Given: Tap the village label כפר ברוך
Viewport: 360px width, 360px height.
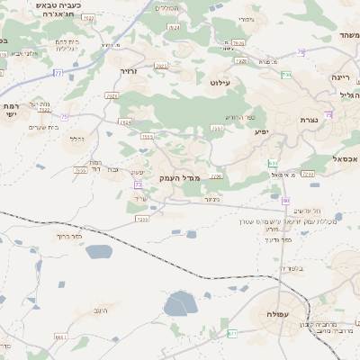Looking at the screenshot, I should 69,236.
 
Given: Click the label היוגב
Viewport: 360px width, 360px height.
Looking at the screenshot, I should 100,310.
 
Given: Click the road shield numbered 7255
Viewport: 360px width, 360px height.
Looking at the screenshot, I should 141,219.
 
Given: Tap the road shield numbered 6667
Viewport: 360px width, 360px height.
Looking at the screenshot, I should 60,337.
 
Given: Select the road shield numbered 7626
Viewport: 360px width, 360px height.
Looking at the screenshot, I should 238,42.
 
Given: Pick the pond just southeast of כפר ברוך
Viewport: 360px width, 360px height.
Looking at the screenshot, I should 99,252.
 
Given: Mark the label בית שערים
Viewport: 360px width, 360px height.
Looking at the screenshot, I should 43,127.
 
